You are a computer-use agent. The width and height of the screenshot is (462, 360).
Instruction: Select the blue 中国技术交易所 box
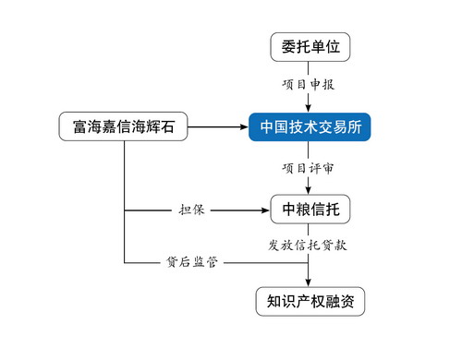point(310,126)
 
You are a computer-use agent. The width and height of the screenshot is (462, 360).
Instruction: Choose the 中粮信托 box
point(310,210)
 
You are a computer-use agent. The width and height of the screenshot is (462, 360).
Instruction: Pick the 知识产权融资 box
point(310,301)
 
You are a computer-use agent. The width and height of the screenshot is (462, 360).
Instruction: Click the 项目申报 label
point(310,84)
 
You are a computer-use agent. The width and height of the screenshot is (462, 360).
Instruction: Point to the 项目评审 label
point(310,169)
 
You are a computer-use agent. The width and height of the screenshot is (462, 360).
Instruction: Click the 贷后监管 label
point(191,263)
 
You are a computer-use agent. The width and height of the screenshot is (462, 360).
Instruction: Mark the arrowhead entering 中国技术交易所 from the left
point(242,126)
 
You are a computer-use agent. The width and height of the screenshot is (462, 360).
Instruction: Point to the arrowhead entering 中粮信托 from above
point(310,192)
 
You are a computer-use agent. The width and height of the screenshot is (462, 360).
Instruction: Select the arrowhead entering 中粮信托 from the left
point(261,210)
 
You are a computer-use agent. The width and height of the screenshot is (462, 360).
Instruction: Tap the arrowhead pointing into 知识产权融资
point(310,282)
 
